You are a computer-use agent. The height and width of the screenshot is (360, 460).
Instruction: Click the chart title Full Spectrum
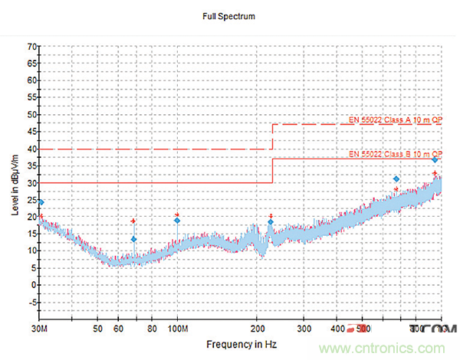pyautogui.click(x=228, y=16)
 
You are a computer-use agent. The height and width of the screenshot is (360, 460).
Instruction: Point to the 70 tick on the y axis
pyautogui.click(x=31, y=47)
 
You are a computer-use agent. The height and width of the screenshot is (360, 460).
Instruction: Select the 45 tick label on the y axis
pyautogui.click(x=31, y=132)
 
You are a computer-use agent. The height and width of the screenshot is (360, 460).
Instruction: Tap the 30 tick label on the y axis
pyautogui.click(x=31, y=183)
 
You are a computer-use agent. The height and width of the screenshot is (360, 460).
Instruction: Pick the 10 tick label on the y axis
pyautogui.click(x=31, y=250)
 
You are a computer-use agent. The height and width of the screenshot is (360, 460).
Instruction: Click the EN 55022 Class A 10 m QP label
pyautogui.click(x=395, y=119)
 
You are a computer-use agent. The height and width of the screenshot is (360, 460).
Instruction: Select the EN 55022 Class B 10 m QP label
pyautogui.click(x=395, y=154)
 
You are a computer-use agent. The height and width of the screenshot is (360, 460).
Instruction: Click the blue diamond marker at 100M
pyautogui.click(x=177, y=221)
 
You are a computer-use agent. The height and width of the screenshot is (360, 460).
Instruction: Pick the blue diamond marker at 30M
pyautogui.click(x=41, y=202)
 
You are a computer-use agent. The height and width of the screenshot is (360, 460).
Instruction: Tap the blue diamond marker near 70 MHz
pyautogui.click(x=133, y=239)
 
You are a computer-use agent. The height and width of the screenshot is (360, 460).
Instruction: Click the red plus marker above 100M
pyautogui.click(x=177, y=215)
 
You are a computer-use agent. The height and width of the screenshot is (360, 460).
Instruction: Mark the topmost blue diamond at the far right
pyautogui.click(x=435, y=160)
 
